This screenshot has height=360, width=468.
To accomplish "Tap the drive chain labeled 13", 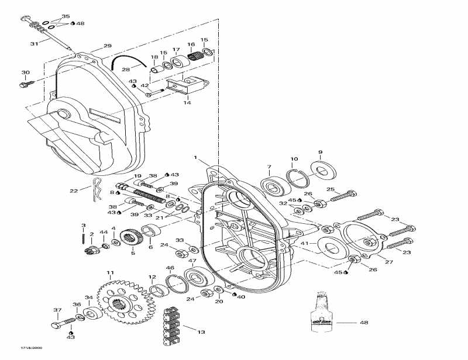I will point(172,329).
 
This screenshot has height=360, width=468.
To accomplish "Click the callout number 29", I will point(107,46).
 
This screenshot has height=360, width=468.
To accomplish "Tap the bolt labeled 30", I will point(24,85).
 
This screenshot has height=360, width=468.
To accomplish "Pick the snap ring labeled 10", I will point(300,177).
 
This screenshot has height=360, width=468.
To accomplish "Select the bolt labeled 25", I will point(343,197).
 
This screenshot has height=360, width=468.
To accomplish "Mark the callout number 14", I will point(188,103).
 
